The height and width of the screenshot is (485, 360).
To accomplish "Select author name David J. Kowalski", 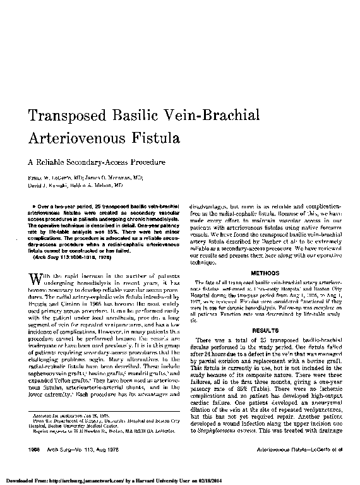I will (48, 186).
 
